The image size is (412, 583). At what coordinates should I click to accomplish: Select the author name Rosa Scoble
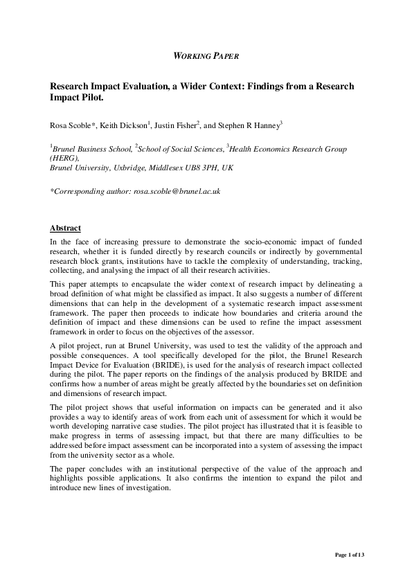(74, 125)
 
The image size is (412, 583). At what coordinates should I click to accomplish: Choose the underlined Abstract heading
(65, 228)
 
